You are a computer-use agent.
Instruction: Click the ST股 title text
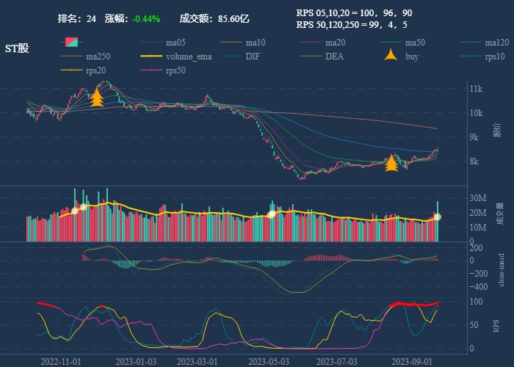[17, 48]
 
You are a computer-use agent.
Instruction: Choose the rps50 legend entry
[175, 70]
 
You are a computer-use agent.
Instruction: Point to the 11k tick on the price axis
[475, 89]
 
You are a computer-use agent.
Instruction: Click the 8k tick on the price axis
[475, 161]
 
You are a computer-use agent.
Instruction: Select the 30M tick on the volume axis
[477, 198]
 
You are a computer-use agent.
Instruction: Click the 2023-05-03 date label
[269, 361]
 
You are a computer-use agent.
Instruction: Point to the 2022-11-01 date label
[61, 361]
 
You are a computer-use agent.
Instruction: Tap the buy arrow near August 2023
[392, 162]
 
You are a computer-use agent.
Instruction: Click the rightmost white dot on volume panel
[438, 217]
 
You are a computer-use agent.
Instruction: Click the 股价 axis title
[497, 131]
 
